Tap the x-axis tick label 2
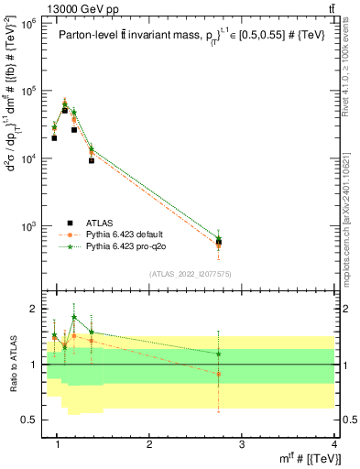click(150, 444)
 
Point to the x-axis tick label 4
click(333, 444)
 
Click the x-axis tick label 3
click(242, 444)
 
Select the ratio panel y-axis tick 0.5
click(32, 420)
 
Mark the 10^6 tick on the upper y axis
click(31, 24)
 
